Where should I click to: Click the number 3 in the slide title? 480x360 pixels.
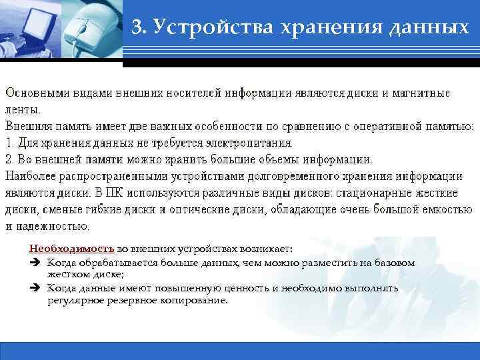pos(136,27)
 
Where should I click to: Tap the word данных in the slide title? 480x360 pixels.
pos(424,27)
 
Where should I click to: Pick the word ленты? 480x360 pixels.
pos(23,109)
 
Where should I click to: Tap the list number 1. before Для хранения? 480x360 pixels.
pos(10,143)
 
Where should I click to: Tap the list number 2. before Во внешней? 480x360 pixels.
pos(10,159)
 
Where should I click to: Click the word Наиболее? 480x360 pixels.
pos(28,176)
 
